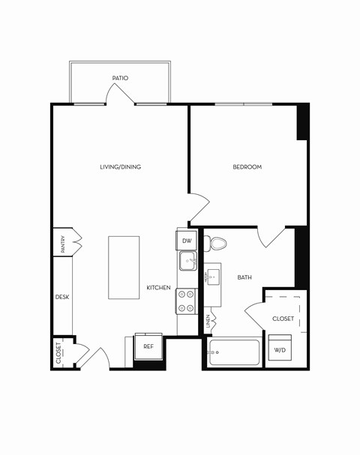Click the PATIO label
(120, 78)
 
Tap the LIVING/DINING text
(120, 167)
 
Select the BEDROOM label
(247, 167)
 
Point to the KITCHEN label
(158, 288)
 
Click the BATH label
(244, 277)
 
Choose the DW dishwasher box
(187, 241)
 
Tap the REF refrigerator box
(148, 347)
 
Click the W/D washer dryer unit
(280, 349)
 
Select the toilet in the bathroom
(218, 244)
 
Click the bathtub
(234, 353)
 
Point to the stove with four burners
(187, 301)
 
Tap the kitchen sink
(187, 262)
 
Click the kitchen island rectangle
(124, 268)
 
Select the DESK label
(62, 298)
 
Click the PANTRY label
(63, 245)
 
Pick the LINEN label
(208, 322)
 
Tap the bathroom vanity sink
(214, 277)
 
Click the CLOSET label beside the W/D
(283, 319)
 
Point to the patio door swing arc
(121, 94)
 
